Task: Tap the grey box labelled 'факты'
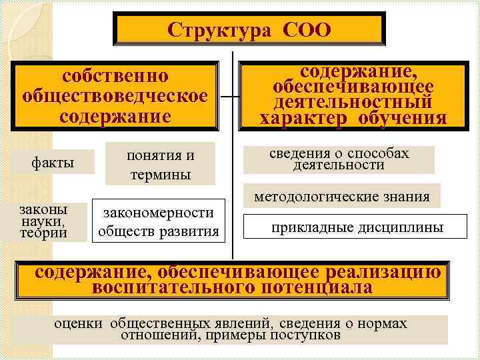pos(54,163)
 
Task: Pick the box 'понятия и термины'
pos(161,165)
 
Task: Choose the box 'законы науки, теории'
pos(44,221)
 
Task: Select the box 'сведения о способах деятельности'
pos(339,159)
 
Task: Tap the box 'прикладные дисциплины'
pos(357,228)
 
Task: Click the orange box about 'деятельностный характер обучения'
pos(353,95)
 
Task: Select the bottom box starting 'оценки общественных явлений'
pos(230,329)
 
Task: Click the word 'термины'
pos(161,175)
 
